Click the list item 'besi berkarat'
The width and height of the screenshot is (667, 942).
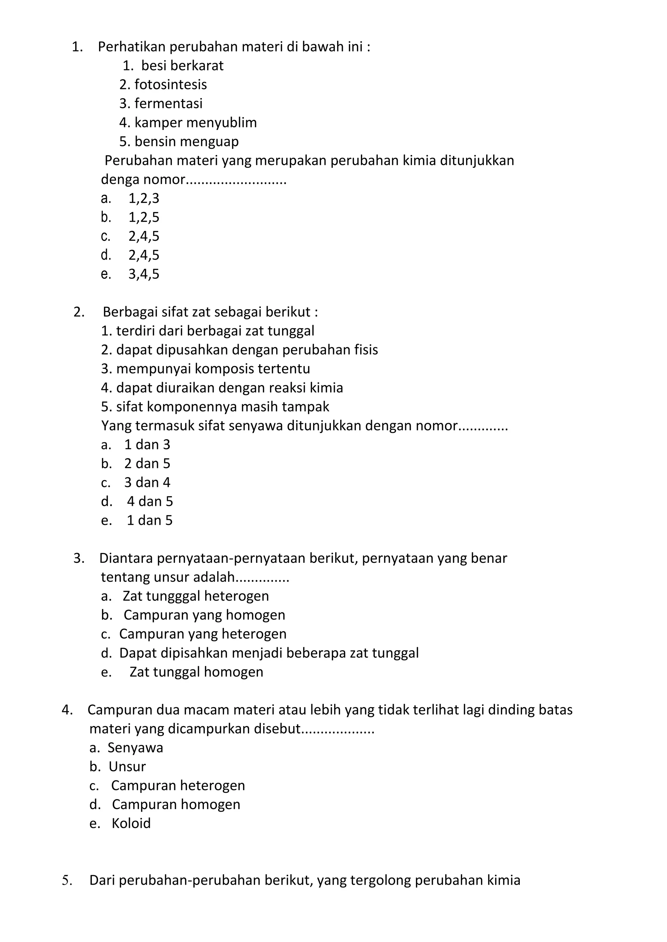click(x=182, y=66)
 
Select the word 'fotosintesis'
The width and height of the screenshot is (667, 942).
click(x=170, y=85)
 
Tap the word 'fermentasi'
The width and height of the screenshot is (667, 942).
click(x=168, y=104)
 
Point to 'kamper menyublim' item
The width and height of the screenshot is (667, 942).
click(x=195, y=122)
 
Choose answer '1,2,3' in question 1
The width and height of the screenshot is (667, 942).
click(x=144, y=198)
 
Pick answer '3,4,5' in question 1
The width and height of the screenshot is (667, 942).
click(x=144, y=274)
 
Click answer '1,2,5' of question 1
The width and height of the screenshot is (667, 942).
click(x=144, y=217)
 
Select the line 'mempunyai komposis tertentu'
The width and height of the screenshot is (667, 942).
click(x=213, y=369)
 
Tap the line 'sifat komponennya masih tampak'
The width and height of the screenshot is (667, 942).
click(x=222, y=407)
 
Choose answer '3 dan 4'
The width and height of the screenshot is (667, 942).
click(x=147, y=482)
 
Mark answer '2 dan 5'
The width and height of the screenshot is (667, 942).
click(x=147, y=464)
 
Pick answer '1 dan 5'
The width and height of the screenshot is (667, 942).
click(x=149, y=521)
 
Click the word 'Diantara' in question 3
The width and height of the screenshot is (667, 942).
click(x=126, y=558)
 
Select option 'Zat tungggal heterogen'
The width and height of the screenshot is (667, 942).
click(x=195, y=596)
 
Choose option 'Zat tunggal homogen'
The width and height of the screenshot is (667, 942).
click(x=196, y=672)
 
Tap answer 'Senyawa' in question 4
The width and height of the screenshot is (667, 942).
click(x=135, y=748)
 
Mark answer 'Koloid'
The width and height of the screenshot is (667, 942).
click(x=131, y=823)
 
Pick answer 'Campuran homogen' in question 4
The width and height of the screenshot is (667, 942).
click(x=176, y=804)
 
